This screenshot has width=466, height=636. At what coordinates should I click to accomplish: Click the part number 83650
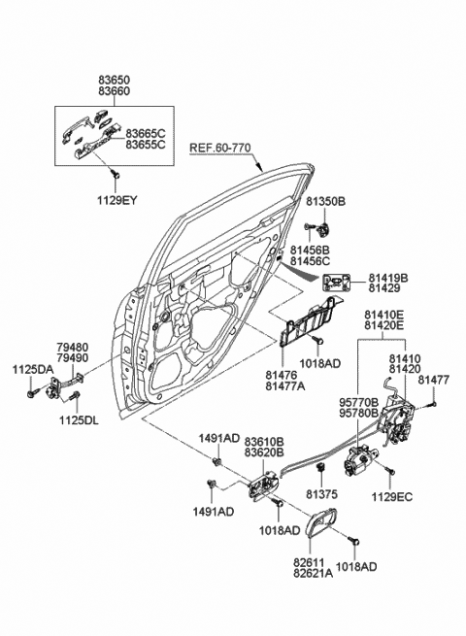tap(114, 80)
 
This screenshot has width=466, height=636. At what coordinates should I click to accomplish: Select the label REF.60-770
tap(220, 148)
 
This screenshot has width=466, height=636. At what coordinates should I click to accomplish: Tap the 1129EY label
tap(116, 200)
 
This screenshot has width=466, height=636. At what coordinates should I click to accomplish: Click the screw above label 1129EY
tap(116, 175)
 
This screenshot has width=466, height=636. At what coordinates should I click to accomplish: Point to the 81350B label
tap(325, 201)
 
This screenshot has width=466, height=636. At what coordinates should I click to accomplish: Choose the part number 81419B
tap(388, 278)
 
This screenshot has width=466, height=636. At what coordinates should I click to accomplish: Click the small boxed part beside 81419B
tap(336, 283)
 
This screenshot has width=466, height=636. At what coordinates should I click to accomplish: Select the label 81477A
tap(285, 385)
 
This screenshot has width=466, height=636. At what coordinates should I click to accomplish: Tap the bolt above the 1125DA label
tap(32, 393)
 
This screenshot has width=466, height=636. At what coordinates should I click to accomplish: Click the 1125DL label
tap(79, 420)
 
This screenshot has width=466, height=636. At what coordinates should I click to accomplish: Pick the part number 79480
tap(72, 348)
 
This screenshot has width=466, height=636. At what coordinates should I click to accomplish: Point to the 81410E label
tap(383, 315)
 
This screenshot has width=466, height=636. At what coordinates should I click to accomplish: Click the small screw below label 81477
tap(433, 404)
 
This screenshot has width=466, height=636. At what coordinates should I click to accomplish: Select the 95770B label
tap(359, 403)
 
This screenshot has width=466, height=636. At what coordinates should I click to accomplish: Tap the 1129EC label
tap(392, 497)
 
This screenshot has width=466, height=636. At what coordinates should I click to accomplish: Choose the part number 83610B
tap(264, 441)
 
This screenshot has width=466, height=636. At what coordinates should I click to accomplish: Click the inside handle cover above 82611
tap(319, 522)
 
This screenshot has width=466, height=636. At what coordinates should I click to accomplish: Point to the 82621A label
tap(313, 574)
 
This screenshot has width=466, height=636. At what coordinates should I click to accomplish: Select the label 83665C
tap(146, 133)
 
